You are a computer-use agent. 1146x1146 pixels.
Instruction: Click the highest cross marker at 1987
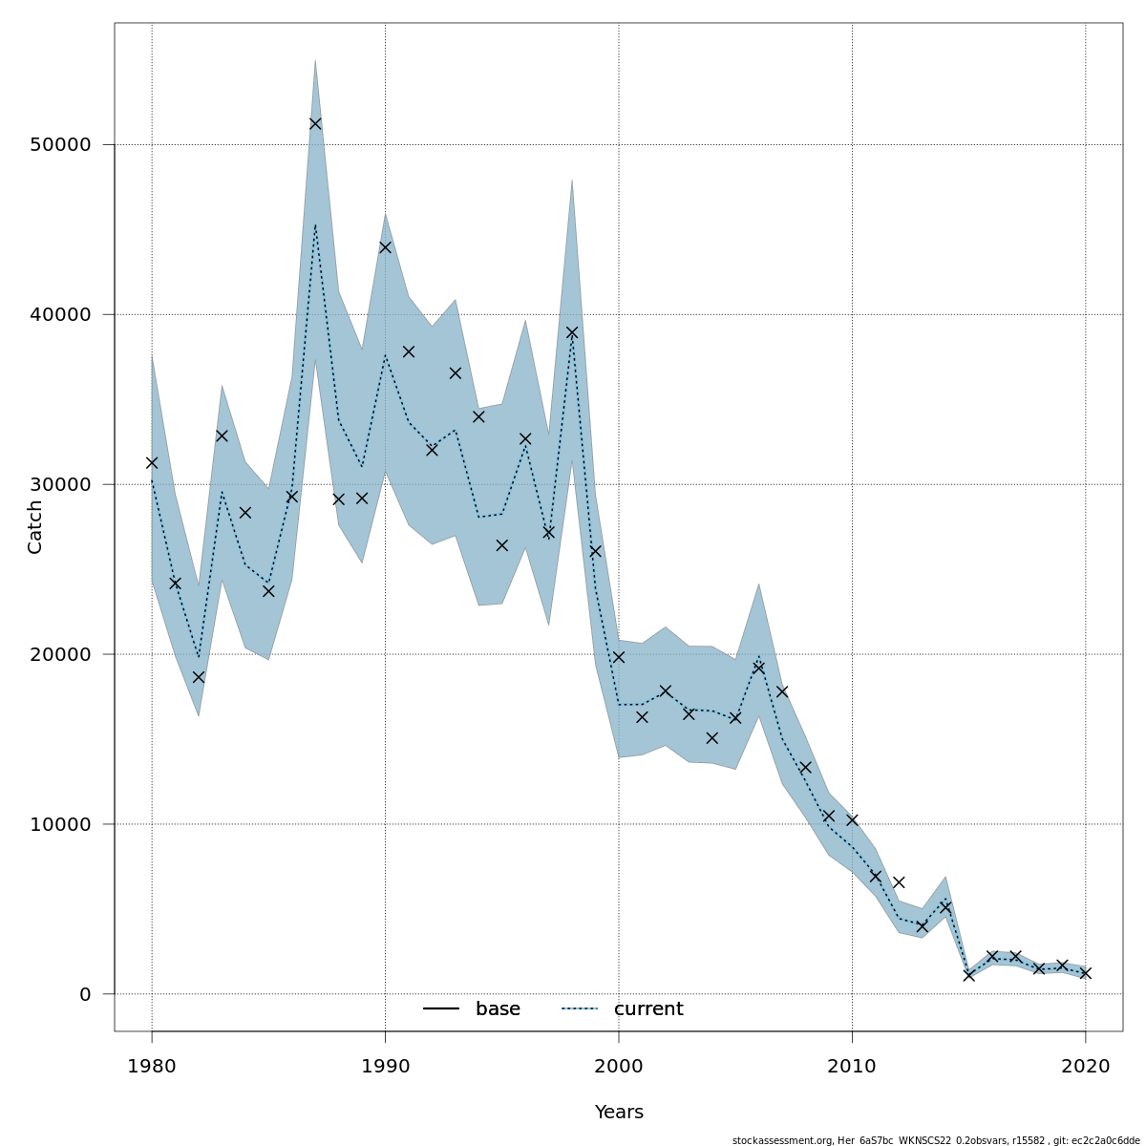[315, 123]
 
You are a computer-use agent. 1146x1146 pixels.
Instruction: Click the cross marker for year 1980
[152, 462]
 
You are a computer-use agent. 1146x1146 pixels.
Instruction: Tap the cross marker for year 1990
[385, 247]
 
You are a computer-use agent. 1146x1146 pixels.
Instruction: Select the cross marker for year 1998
[572, 332]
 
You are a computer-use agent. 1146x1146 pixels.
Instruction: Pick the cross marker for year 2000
[619, 657]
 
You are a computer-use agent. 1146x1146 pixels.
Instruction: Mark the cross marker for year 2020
[1085, 973]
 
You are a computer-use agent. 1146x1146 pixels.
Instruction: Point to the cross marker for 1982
[199, 677]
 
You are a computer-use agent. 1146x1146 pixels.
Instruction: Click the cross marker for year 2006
[758, 668]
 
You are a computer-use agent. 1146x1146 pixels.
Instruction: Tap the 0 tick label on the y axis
[85, 994]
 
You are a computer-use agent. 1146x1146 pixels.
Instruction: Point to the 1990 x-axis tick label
[385, 1066]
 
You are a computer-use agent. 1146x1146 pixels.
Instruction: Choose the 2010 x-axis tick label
[852, 1066]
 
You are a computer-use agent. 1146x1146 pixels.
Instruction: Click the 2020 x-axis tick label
[1085, 1066]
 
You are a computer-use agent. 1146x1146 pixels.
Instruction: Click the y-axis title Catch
[35, 526]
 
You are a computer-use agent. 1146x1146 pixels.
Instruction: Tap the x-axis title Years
[619, 1113]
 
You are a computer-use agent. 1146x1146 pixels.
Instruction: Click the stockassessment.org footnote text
[936, 1140]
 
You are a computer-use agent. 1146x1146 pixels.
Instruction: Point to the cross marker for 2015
[968, 975]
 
